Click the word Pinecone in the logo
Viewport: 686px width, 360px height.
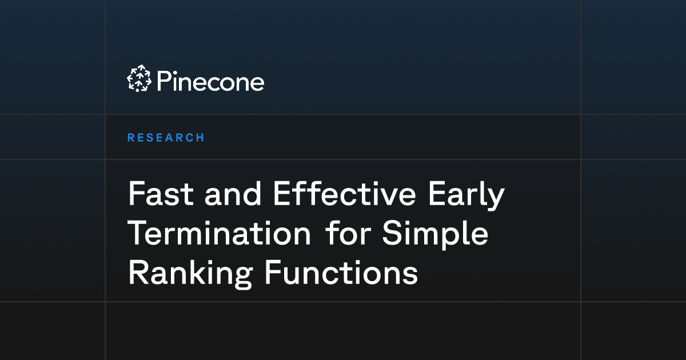[x=210, y=81]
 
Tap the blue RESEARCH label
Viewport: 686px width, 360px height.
[x=166, y=138]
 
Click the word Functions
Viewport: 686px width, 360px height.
[x=341, y=274]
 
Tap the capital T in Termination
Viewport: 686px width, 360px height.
[x=137, y=235]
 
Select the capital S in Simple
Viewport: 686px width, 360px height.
[x=392, y=235]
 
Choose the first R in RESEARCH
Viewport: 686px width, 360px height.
[x=130, y=138]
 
